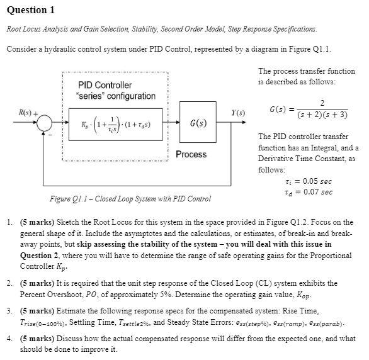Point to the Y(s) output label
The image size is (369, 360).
pos(238,113)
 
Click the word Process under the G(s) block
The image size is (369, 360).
pos(191,154)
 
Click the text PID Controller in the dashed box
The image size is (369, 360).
pos(105,85)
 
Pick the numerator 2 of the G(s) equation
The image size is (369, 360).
pos(322,103)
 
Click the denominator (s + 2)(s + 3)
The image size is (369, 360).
pos(322,116)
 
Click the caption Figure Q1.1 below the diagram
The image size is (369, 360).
pos(130,200)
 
